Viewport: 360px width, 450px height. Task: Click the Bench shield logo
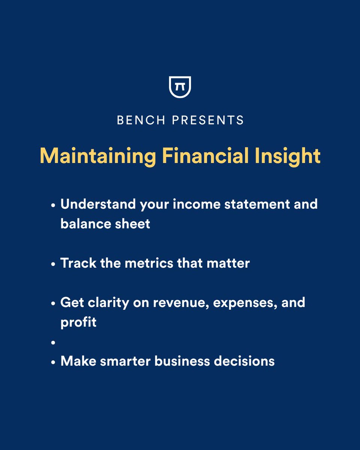[x=180, y=87]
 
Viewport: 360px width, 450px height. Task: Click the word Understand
[x=98, y=204]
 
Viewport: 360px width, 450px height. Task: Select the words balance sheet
[x=105, y=224]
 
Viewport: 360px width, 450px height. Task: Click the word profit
[x=78, y=322]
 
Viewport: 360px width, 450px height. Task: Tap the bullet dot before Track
[x=53, y=264]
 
